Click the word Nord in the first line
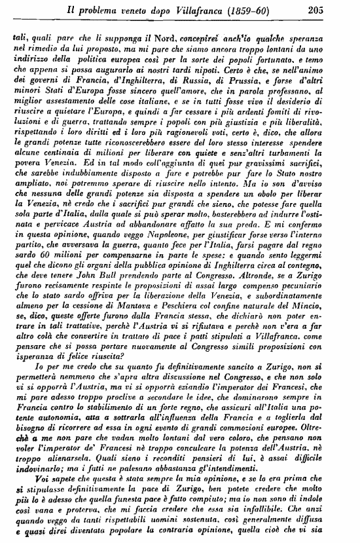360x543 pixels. [154, 38]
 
